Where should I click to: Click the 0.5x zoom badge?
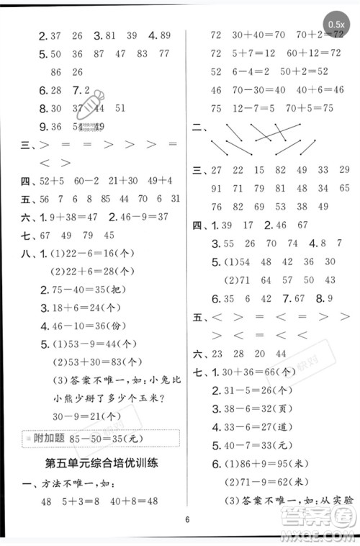pos(336,24)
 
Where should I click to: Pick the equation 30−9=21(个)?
pos(80,416)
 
